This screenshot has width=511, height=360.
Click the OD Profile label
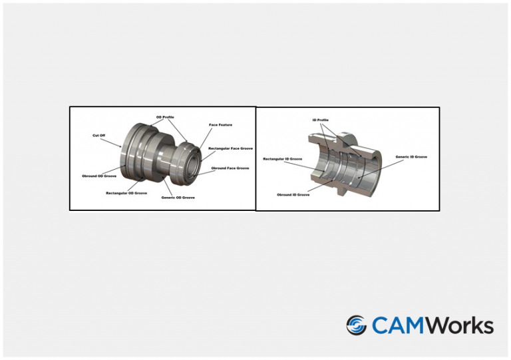(x=165, y=117)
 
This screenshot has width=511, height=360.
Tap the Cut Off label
(x=98, y=135)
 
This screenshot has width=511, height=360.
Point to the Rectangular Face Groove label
(x=230, y=148)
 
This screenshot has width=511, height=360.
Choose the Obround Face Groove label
(x=230, y=168)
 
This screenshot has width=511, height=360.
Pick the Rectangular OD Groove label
(x=126, y=193)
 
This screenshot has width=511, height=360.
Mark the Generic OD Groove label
(x=178, y=198)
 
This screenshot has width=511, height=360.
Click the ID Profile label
(x=320, y=120)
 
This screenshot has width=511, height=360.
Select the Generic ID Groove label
(x=411, y=157)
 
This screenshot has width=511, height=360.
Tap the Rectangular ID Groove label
(x=283, y=159)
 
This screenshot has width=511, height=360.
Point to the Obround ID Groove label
(x=293, y=195)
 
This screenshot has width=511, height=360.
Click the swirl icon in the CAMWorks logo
(x=357, y=325)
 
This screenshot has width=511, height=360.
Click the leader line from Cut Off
(x=110, y=142)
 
